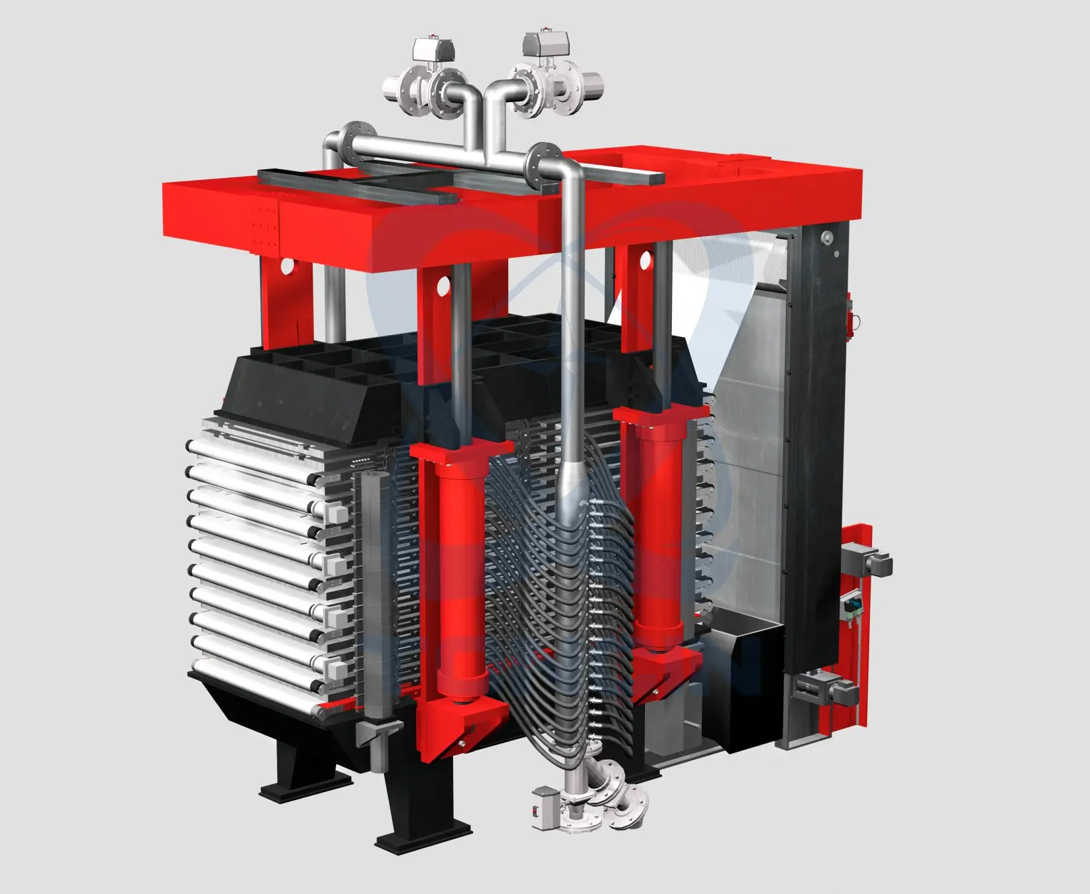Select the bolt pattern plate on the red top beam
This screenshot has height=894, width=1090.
coord(263,224)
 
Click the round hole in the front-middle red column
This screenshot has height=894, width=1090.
coord(442,285)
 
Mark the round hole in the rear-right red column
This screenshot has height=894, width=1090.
coord(646,258)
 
